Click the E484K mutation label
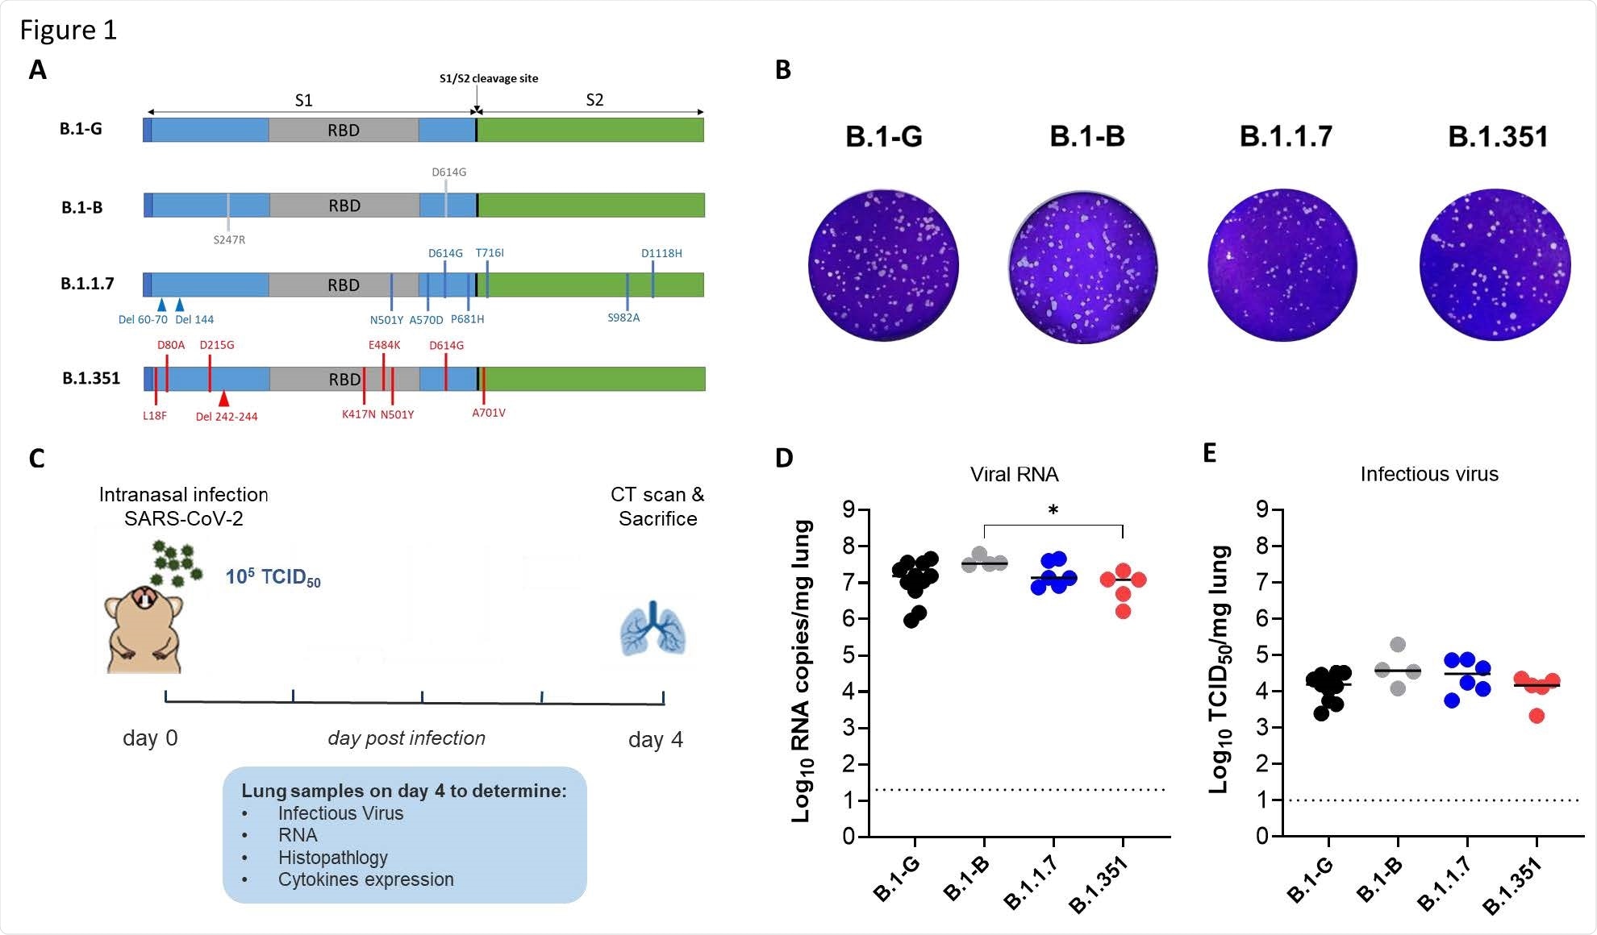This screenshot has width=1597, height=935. pyautogui.click(x=384, y=345)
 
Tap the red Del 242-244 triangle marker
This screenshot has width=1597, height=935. pyautogui.click(x=224, y=398)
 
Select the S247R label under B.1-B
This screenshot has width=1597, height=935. pyautogui.click(x=229, y=239)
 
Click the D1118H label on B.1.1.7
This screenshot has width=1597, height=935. pyautogui.click(x=661, y=253)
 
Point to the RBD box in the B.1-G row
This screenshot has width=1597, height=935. pyautogui.click(x=344, y=130)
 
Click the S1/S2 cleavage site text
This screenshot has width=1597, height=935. pyautogui.click(x=488, y=78)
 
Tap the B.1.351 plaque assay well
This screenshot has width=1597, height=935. pyautogui.click(x=1495, y=265)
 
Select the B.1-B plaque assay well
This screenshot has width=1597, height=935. pyautogui.click(x=1083, y=267)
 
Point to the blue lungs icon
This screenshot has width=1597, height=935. pyautogui.click(x=653, y=629)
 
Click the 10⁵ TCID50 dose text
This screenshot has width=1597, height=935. pyautogui.click(x=273, y=577)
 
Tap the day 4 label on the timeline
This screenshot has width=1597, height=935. pyautogui.click(x=655, y=739)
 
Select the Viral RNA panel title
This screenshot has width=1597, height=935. pyautogui.click(x=1014, y=474)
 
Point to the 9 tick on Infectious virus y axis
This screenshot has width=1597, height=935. pyautogui.click(x=1262, y=509)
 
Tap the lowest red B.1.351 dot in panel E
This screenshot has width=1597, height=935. pyautogui.click(x=1537, y=715)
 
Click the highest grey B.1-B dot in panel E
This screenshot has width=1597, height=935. pyautogui.click(x=1398, y=645)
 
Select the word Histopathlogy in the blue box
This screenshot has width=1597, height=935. pyautogui.click(x=332, y=858)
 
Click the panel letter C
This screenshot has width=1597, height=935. pyautogui.click(x=37, y=459)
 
